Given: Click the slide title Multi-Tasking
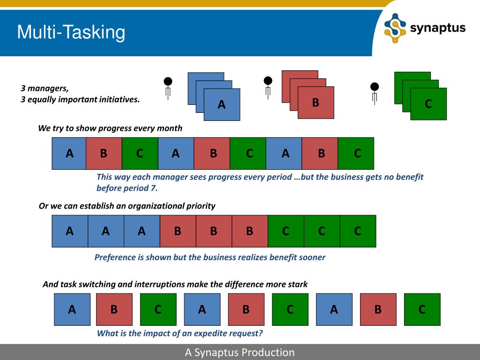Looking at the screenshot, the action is [x=71, y=33].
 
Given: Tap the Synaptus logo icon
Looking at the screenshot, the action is [x=395, y=28].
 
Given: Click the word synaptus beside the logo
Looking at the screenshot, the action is [x=438, y=28].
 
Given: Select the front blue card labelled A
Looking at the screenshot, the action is [x=222, y=105].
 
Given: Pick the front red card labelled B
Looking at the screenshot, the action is [x=316, y=102].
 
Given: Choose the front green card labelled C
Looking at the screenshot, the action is [x=428, y=104].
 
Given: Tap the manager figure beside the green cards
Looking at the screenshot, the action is [x=374, y=92].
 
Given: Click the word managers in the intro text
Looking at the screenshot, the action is [x=47, y=88].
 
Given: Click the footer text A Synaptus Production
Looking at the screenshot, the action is [x=240, y=352].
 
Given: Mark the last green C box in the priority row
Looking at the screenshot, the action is [x=358, y=231].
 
